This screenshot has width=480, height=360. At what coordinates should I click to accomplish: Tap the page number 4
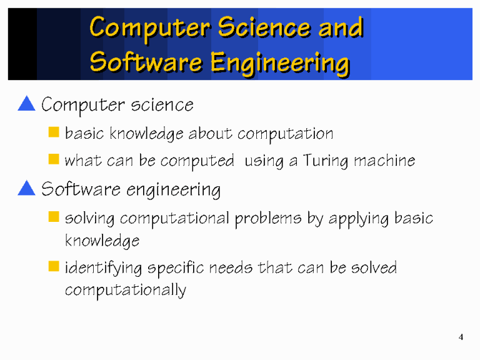pos(461,338)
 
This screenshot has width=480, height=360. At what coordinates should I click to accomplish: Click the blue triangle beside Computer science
pos(27,103)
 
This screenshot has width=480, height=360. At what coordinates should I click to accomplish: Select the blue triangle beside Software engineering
pos(27,187)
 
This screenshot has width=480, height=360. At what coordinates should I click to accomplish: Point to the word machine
pos(384,161)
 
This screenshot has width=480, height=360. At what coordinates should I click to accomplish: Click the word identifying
pos(104,269)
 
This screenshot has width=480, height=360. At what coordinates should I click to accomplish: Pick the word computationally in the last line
pos(125,291)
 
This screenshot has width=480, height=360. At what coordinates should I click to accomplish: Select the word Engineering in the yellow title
pos(279,62)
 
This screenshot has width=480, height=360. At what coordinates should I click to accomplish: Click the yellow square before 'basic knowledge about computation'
pos(54,132)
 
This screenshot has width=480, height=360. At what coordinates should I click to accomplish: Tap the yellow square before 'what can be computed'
pos(54,160)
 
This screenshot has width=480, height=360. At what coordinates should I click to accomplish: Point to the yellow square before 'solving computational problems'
pos(54,217)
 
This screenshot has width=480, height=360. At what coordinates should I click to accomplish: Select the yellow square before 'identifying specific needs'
pos(54,267)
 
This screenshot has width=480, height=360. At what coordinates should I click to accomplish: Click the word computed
pos(198,161)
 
